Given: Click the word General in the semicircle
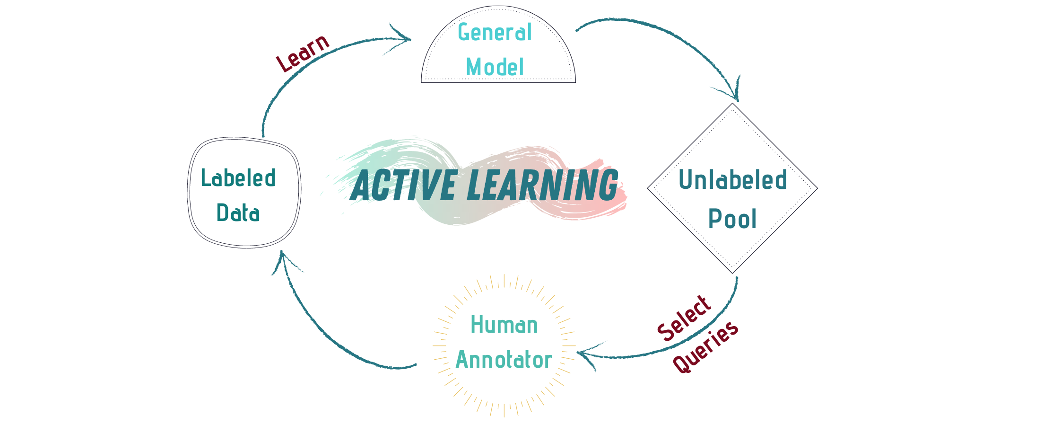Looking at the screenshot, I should click(495, 33).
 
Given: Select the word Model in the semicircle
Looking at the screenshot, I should click(495, 67).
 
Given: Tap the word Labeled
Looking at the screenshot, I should click(238, 178).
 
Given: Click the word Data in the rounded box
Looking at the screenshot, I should click(238, 213).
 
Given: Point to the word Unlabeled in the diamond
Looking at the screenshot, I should click(732, 180).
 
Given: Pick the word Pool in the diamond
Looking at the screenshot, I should click(732, 219).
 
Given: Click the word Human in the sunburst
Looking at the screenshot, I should click(504, 325).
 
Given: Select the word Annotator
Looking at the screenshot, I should click(504, 360).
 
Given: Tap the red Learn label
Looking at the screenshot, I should click(303, 53).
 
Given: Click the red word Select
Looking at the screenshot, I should click(684, 318).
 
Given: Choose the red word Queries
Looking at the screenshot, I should click(705, 346).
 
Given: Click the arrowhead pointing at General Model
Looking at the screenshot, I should click(407, 39).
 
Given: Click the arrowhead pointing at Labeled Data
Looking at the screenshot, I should click(282, 256).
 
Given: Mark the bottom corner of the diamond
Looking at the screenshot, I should click(732, 273).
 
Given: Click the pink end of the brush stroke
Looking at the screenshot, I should click(610, 199).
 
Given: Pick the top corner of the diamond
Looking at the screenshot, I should click(732, 104).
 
